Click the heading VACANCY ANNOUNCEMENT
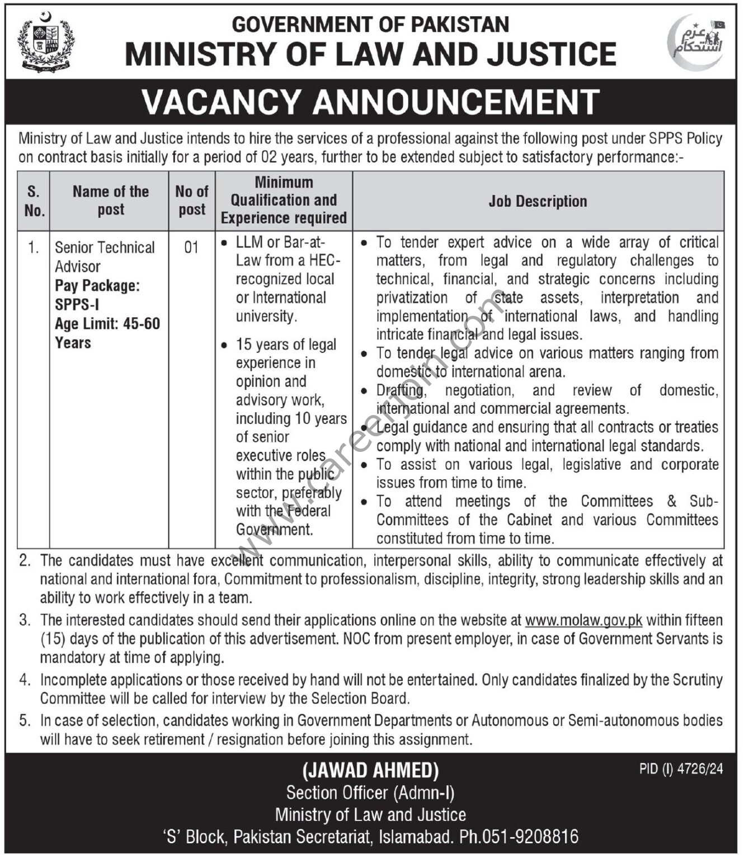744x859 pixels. click(371, 102)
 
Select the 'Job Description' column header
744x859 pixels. click(538, 201)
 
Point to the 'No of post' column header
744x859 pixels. click(192, 200)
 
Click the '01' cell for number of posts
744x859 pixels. click(191, 247)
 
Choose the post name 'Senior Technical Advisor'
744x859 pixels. click(105, 256)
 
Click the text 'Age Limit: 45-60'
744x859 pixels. click(107, 324)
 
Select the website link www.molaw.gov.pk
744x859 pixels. click(583, 620)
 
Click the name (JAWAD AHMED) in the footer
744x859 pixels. click(371, 771)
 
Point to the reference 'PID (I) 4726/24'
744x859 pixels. click(681, 770)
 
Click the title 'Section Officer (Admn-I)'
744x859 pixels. click(370, 792)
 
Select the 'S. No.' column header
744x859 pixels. click(34, 201)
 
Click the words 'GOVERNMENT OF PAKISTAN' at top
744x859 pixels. click(370, 25)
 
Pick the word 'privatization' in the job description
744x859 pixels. click(412, 298)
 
